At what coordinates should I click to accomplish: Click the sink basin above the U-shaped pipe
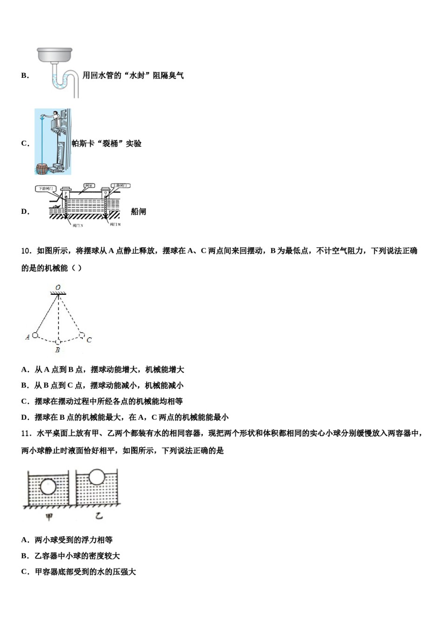pyautogui.click(x=54, y=54)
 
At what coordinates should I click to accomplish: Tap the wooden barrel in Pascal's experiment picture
pyautogui.click(x=42, y=168)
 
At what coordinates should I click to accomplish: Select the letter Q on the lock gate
pyautogui.click(x=106, y=192)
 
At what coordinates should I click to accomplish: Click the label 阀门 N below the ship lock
pyautogui.click(x=78, y=225)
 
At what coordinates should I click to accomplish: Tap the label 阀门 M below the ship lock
pyautogui.click(x=115, y=225)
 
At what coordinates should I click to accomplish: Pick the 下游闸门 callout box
pyautogui.click(x=46, y=189)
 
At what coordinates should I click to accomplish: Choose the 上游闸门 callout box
pyautogui.click(x=121, y=185)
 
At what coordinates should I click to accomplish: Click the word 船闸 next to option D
pyautogui.click(x=139, y=211)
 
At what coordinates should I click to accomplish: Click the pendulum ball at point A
pyautogui.click(x=35, y=335)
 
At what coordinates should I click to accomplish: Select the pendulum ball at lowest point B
pyautogui.click(x=58, y=342)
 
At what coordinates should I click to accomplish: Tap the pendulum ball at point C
pyautogui.click(x=81, y=334)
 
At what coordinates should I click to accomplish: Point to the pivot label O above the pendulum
pyautogui.click(x=58, y=287)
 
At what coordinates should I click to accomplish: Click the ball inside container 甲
pyautogui.click(x=48, y=487)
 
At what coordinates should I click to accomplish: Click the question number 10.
pyautogui.click(x=26, y=251)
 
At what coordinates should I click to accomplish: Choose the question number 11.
pyautogui.click(x=26, y=434)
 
